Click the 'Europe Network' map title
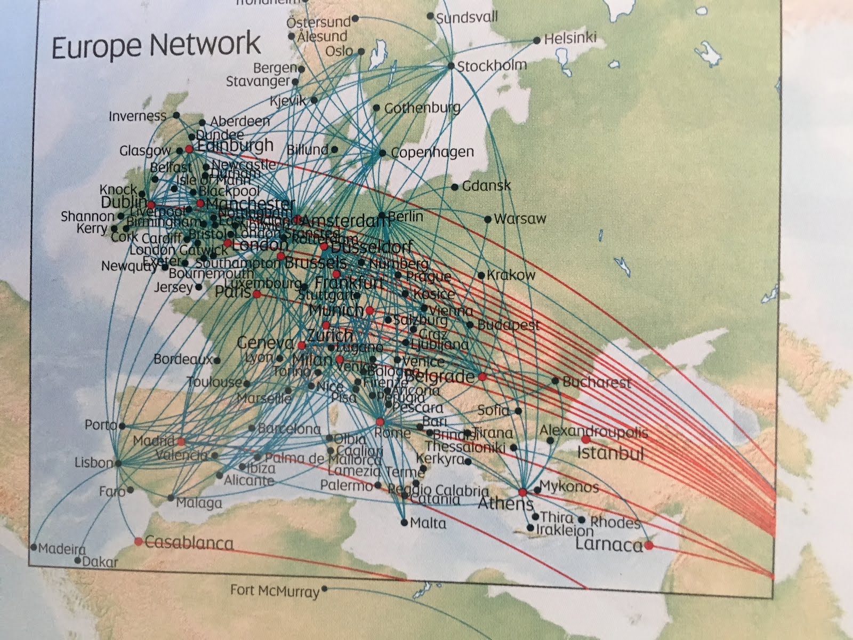coord(156,45)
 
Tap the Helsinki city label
coord(570,38)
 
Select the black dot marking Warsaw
coord(488,219)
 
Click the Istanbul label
coord(610,454)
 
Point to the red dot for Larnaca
coord(648,545)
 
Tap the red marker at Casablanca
coord(139,541)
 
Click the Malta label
coord(428,523)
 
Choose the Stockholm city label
coord(492,66)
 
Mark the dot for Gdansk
coord(455,187)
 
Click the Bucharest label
coord(597,382)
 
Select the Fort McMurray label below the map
coord(275,591)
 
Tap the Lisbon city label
coord(94,462)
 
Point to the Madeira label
coord(62,549)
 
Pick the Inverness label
coord(138,116)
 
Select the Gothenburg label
coord(422,108)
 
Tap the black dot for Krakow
coord(481,276)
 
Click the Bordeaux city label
coord(183,359)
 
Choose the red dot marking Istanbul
coord(586,439)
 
